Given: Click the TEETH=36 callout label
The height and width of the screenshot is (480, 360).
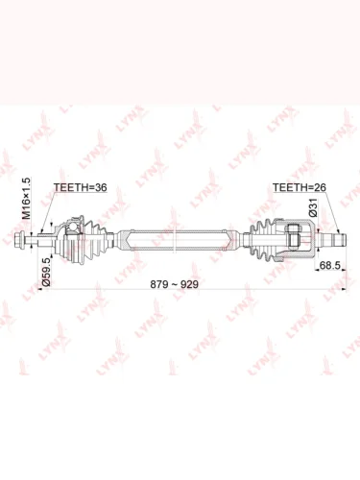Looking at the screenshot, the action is tap(80, 187).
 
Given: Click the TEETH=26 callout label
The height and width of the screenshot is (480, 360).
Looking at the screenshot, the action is tap(300, 187).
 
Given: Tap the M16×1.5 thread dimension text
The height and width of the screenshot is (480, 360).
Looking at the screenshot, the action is tap(27, 198).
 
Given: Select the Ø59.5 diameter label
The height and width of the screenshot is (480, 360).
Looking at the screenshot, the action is tap(46, 272).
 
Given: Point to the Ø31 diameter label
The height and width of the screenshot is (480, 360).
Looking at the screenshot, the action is tap(313, 207).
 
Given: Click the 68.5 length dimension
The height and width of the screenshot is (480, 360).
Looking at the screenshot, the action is tap(329, 265).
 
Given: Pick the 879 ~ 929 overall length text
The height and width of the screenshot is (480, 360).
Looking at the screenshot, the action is tap(175, 284).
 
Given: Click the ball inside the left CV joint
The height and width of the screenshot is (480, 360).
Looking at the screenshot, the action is tap(73, 227).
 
